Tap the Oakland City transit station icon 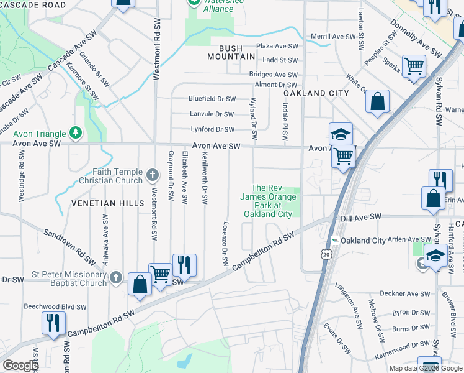(x=335, y=241)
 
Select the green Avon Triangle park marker (x=76, y=132)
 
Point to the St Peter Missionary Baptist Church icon (x=115, y=279)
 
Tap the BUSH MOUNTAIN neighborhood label (x=228, y=52)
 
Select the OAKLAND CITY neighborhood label (x=313, y=93)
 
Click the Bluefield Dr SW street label (x=212, y=99)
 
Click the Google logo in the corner (x=20, y=366)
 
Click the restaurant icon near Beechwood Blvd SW (x=53, y=323)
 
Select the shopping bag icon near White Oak (x=377, y=101)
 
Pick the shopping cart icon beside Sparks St (x=414, y=66)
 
